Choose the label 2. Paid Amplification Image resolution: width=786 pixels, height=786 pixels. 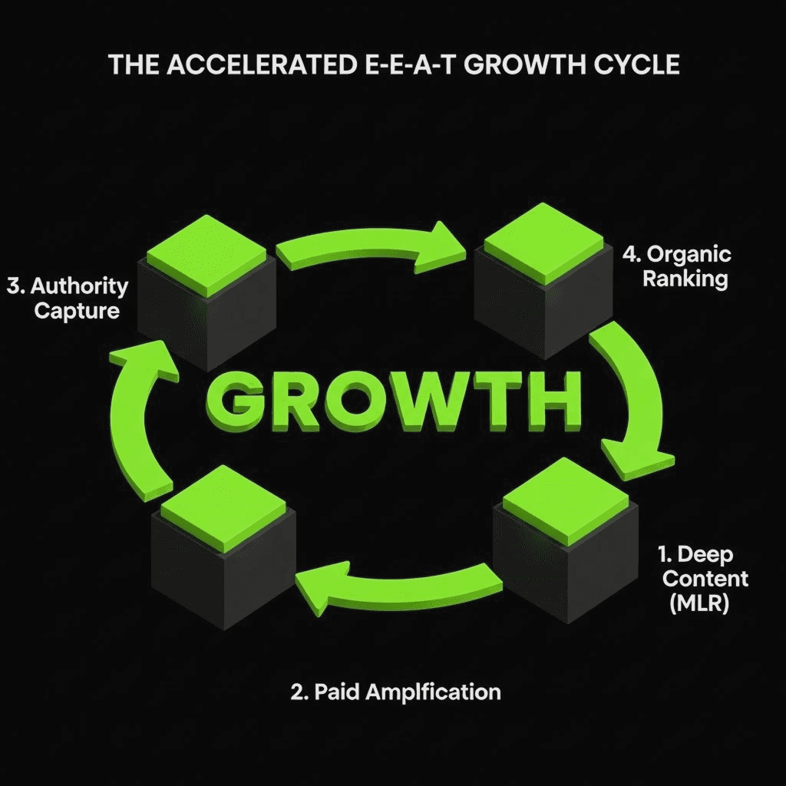(395, 692)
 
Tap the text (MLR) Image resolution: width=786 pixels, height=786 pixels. (699, 603)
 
